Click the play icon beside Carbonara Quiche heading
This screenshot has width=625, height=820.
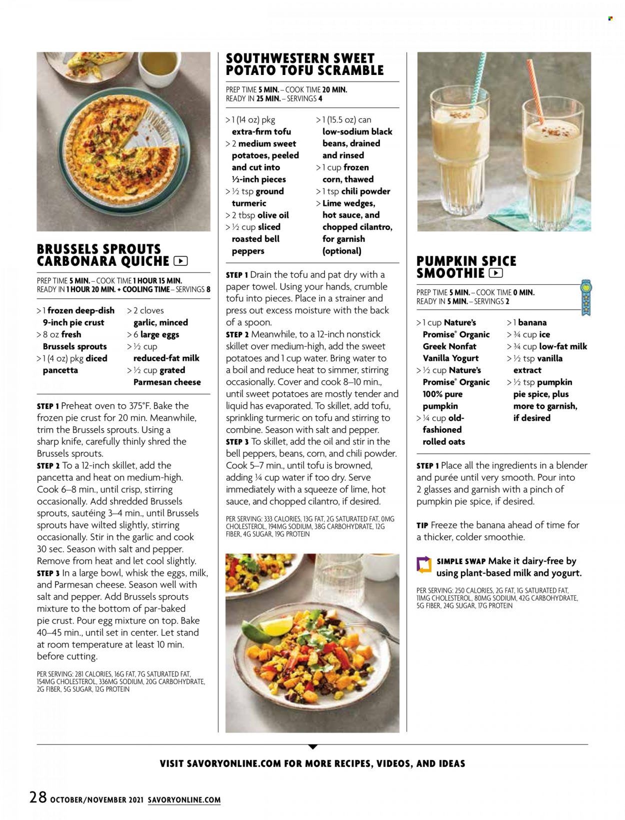[x=180, y=261]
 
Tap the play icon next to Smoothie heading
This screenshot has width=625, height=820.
[x=496, y=273]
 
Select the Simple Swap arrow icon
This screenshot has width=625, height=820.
[x=424, y=565]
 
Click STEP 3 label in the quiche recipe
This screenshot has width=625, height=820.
[x=48, y=573]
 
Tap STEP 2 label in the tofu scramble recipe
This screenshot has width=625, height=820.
[x=237, y=335]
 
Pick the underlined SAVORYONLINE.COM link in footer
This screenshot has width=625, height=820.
[x=184, y=800]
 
